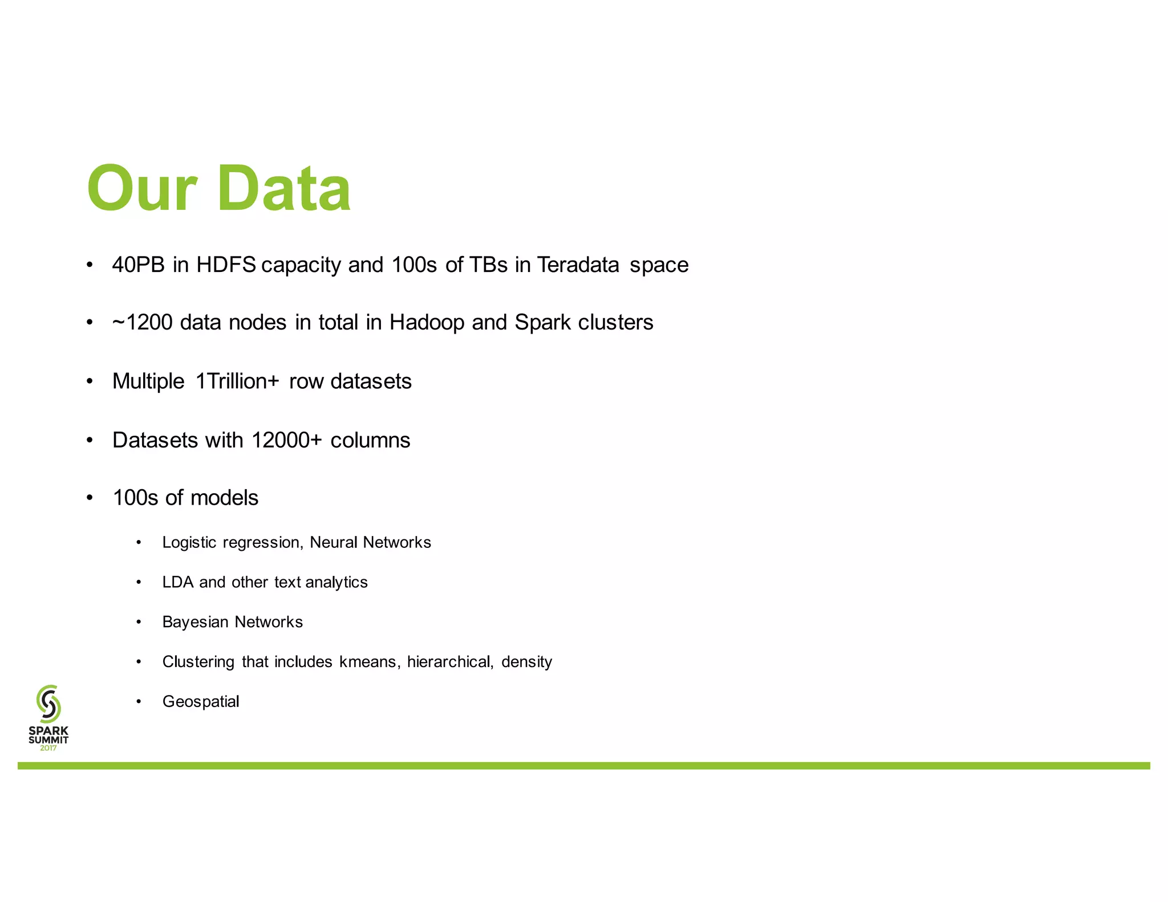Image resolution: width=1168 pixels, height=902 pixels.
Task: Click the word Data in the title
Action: click(283, 189)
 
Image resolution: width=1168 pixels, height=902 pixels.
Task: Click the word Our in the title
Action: click(142, 189)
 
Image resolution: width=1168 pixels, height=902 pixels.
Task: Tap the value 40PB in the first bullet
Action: click(138, 265)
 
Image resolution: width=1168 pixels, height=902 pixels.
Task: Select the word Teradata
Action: click(578, 265)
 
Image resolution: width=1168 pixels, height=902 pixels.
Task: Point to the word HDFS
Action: click(226, 265)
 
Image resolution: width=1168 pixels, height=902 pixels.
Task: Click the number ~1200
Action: click(142, 323)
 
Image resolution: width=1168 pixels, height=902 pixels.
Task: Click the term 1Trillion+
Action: click(237, 381)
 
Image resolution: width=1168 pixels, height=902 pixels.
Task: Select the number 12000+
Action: click(286, 440)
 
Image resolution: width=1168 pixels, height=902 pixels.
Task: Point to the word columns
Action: click(370, 440)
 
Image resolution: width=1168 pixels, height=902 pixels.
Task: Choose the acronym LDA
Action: click(177, 582)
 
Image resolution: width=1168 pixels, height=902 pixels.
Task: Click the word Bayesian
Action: click(195, 622)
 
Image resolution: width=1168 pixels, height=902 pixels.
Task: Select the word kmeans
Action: click(370, 662)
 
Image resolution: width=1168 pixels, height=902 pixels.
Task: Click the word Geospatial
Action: click(201, 702)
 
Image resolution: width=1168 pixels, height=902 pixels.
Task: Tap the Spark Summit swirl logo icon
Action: click(48, 703)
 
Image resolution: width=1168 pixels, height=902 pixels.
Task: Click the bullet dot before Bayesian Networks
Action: click(139, 622)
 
